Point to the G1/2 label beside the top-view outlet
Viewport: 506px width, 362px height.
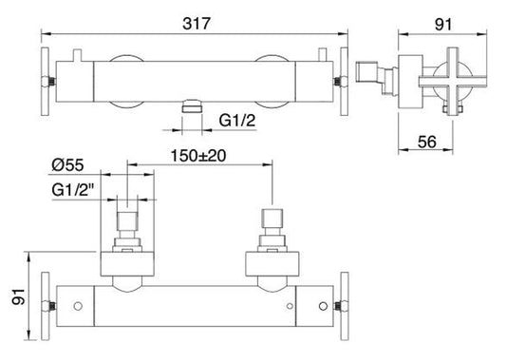click(x=236, y=121)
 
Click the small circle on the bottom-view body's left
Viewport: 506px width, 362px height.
click(x=81, y=306)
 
